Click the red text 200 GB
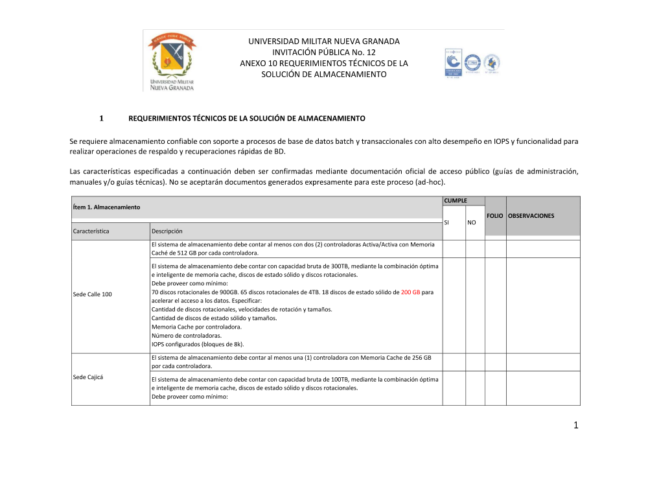tap(411, 292)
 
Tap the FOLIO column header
tap(495, 215)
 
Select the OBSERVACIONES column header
tap(531, 215)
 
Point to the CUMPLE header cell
tap(455, 201)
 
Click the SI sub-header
tap(446, 222)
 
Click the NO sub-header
tap(471, 222)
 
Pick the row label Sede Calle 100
tap(93, 294)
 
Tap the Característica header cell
tap(92, 231)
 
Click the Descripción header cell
tap(167, 231)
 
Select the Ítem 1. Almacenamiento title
tap(106, 207)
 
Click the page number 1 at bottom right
tap(574, 425)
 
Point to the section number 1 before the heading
tap(101, 119)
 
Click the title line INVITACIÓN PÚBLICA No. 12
tap(324, 52)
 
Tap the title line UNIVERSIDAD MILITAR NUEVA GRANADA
tap(324, 41)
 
